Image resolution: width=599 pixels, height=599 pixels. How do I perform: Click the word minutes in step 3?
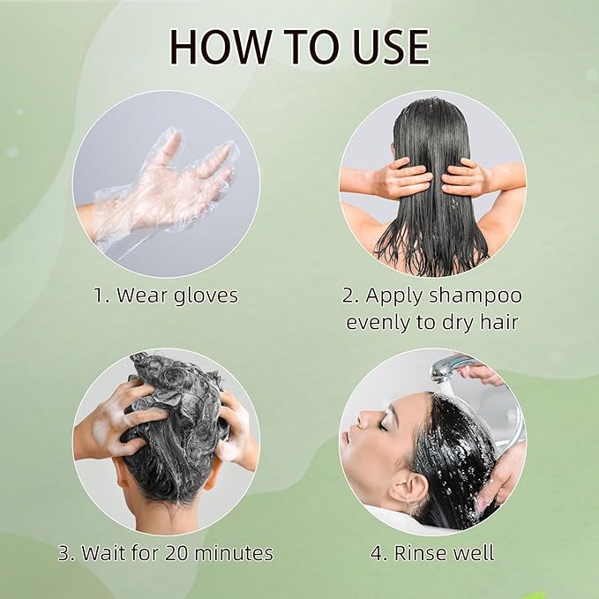(228, 554)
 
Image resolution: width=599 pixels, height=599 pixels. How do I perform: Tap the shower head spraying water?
(446, 369)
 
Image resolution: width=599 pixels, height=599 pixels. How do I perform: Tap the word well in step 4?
(475, 554)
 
